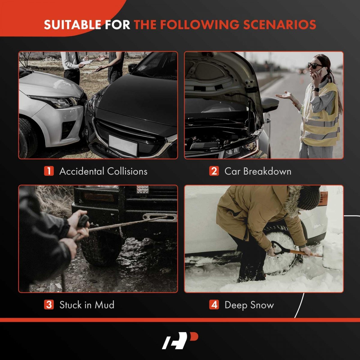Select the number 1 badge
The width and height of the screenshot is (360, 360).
pyautogui.click(x=49, y=171)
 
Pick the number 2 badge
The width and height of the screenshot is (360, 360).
pyautogui.click(x=214, y=171)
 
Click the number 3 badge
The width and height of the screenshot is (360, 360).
pyautogui.click(x=49, y=304)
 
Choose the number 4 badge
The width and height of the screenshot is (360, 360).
pyautogui.click(x=214, y=304)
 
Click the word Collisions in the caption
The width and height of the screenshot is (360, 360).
pyautogui.click(x=127, y=171)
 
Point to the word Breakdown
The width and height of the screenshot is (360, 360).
pyautogui.click(x=267, y=171)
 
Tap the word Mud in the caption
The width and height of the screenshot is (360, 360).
pyautogui.click(x=104, y=305)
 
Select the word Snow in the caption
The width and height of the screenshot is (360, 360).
pyautogui.click(x=262, y=305)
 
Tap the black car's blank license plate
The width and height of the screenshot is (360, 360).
pyautogui.click(x=123, y=145)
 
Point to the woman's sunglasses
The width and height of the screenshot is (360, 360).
pyautogui.click(x=315, y=66)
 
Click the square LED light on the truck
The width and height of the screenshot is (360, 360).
pyautogui.click(x=143, y=189)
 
